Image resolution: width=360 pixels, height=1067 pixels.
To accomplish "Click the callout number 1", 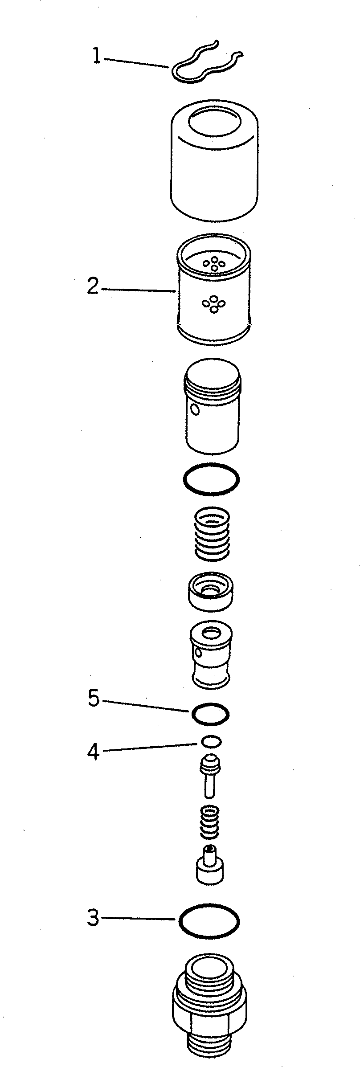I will (x=96, y=57).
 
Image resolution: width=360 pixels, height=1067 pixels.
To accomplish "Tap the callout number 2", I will (x=93, y=286).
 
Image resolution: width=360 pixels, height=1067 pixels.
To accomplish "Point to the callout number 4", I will (x=93, y=752).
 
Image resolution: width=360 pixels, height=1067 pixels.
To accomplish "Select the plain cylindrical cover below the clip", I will (x=214, y=160).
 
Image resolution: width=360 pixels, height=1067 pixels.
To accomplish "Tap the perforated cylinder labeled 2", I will (x=214, y=290).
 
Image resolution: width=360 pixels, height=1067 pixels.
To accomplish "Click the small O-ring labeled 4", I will (x=211, y=741).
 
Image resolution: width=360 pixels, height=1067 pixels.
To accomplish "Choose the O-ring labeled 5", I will (x=210, y=714).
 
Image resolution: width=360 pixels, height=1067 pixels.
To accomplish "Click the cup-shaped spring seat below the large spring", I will (x=212, y=591).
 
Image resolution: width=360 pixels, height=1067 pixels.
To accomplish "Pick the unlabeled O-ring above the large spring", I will (x=211, y=479).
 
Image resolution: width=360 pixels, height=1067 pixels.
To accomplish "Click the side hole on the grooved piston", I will (x=195, y=409).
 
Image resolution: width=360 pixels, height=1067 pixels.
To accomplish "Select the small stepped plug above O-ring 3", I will (x=210, y=866).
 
